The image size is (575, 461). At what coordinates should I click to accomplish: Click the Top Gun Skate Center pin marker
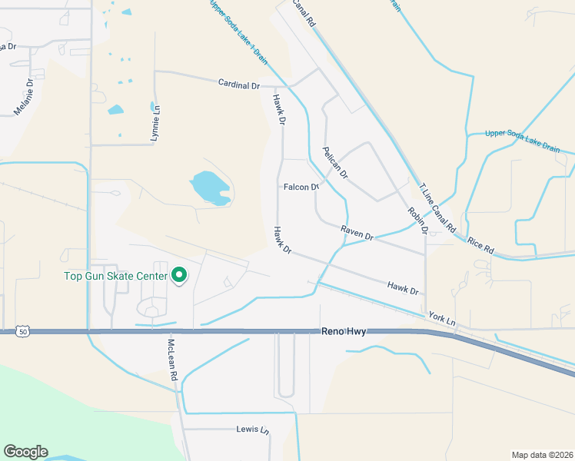coord(179,274)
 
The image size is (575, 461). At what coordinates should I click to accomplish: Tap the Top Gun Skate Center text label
coord(115,275)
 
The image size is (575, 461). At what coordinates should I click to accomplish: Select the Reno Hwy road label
coord(344,331)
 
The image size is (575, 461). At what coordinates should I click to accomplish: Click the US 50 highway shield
coord(24,331)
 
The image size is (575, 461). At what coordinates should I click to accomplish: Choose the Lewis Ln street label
coord(253,429)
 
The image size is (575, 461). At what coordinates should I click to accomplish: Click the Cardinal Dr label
coord(239,84)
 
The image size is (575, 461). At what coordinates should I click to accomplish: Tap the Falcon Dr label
coord(301,187)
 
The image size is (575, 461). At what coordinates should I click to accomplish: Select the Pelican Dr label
coord(336,162)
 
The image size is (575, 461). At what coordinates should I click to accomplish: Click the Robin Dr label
coord(417,221)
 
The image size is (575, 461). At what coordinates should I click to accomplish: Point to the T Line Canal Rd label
coord(437,207)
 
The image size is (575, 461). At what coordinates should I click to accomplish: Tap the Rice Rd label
coord(480,245)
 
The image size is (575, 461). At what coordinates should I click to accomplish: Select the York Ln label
coord(443,317)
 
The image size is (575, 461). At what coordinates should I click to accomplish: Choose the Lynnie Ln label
coord(158,124)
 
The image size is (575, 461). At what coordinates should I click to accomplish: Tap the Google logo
coord(25,451)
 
